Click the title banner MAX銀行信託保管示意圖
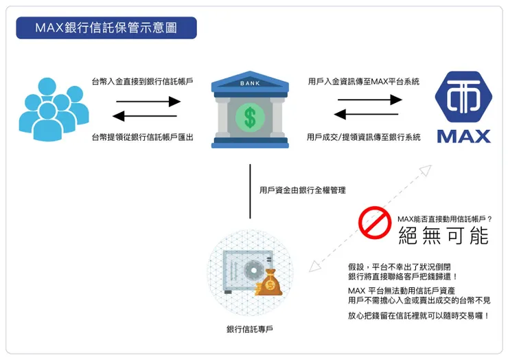point(106,28)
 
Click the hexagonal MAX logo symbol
point(464,97)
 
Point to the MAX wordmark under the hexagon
point(464,135)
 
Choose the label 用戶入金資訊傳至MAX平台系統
point(364,81)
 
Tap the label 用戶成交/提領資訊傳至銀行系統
point(364,137)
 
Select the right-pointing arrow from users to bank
point(143,101)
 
